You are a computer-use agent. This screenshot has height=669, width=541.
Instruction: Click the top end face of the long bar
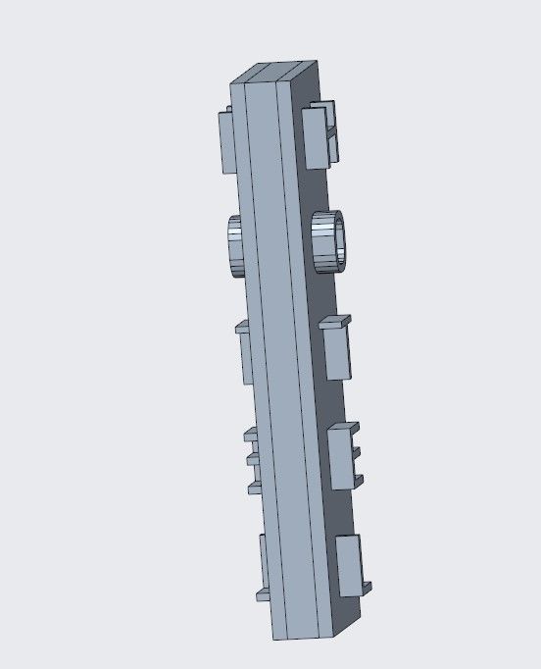click(274, 74)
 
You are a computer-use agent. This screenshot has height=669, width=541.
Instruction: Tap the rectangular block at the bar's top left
click(226, 142)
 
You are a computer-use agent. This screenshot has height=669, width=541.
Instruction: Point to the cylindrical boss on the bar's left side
click(235, 245)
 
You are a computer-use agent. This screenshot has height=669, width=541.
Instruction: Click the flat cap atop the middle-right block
click(335, 321)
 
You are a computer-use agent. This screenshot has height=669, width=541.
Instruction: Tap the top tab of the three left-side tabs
click(250, 433)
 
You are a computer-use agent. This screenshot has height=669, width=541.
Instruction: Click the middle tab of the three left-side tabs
click(252, 458)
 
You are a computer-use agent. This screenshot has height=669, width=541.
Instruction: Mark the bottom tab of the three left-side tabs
click(254, 487)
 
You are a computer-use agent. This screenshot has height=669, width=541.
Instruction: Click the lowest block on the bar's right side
click(347, 565)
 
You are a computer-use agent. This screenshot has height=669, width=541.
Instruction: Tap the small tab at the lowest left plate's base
click(264, 595)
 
